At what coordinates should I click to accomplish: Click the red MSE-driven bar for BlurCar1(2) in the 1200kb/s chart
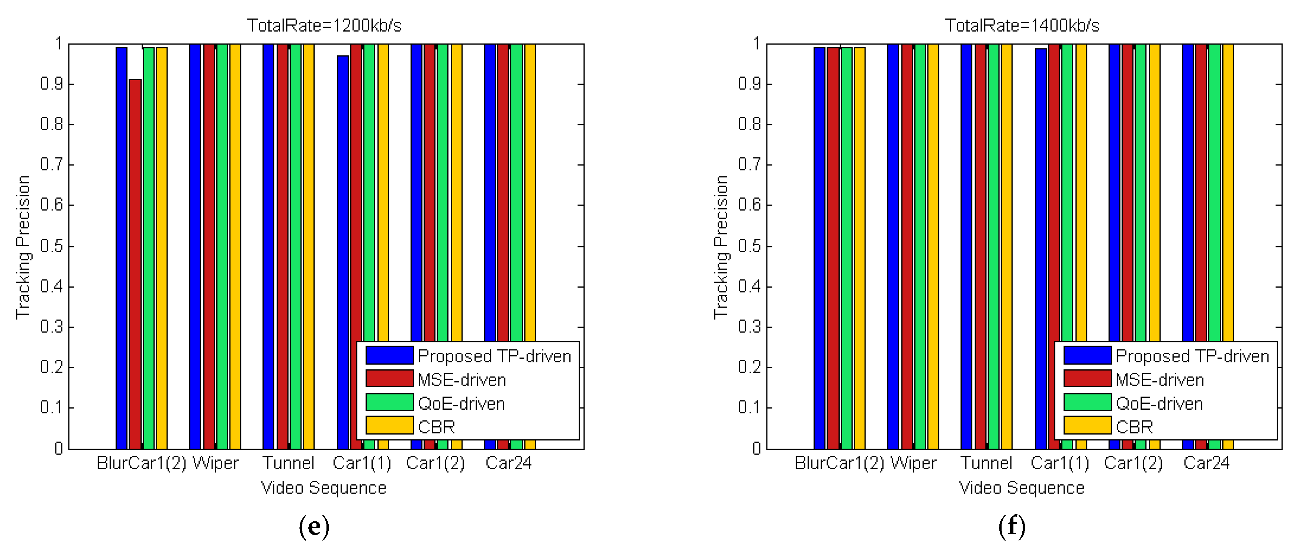135,262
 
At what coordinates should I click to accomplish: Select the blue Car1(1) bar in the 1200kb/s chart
343,202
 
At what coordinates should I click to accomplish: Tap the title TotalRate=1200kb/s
324,25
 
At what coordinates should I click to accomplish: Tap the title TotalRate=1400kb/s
1022,25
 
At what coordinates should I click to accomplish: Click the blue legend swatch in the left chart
389,355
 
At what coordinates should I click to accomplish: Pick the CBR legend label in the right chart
1134,427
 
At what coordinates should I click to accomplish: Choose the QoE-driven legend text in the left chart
461,403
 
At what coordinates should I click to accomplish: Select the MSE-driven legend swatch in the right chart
1087,379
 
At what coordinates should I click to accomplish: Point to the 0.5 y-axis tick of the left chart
51,246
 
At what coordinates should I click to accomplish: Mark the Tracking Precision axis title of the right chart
721,247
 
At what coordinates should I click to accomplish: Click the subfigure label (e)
314,526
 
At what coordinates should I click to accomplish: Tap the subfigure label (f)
1012,526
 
